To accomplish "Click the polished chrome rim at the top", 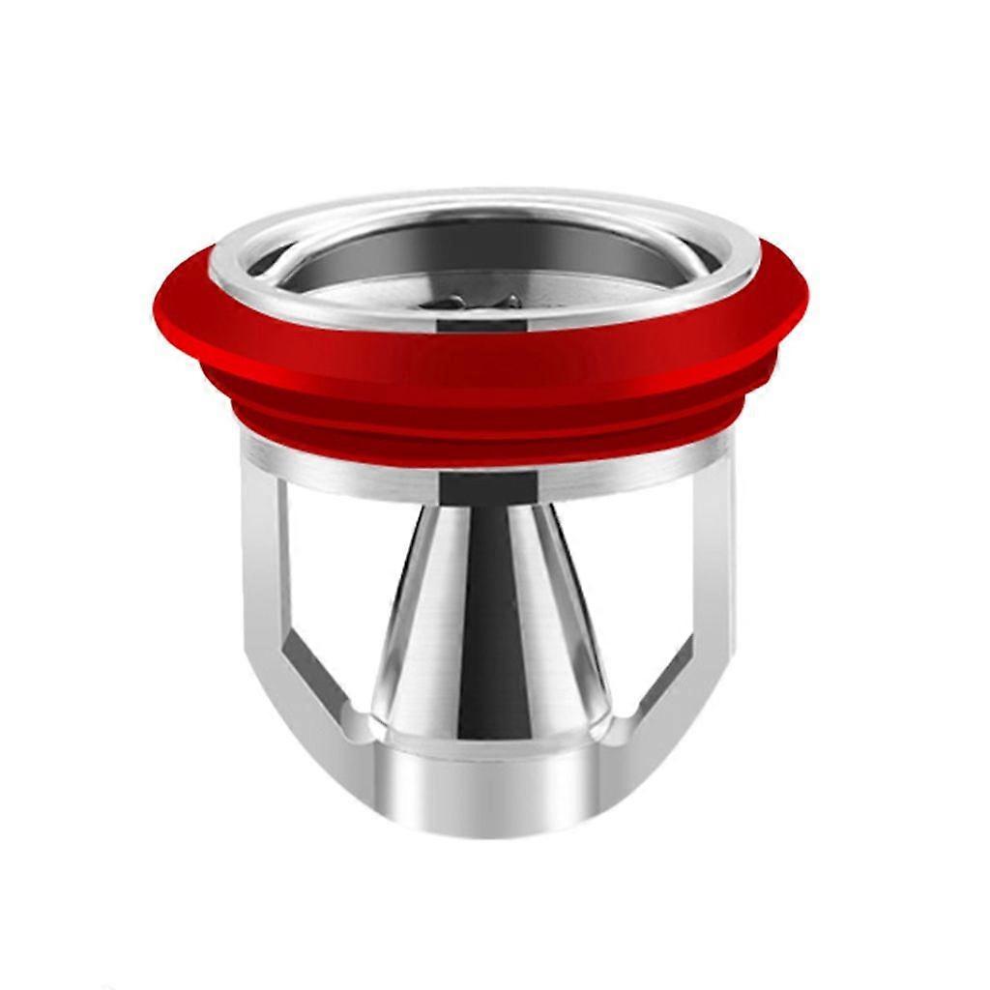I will click(x=483, y=204).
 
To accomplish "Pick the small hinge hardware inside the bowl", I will click(x=483, y=302).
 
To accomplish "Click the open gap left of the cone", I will click(x=338, y=580).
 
